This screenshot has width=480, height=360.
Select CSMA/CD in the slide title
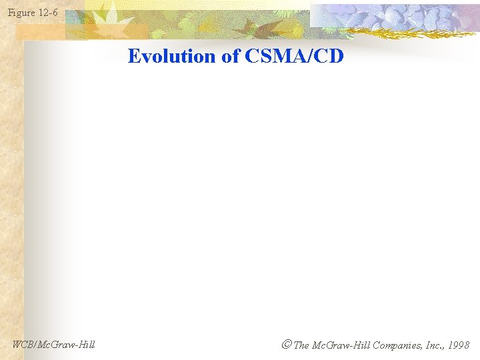(294, 56)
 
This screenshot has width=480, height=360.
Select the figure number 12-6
(49, 13)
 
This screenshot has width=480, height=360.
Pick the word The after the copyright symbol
(301, 345)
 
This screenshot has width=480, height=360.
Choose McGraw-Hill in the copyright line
(341, 345)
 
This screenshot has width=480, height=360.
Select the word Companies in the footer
(396, 345)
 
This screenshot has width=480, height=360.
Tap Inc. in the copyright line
(431, 345)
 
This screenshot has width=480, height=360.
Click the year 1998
(458, 345)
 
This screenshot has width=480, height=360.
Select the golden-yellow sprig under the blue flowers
(407, 33)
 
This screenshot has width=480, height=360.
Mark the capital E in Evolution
(133, 56)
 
